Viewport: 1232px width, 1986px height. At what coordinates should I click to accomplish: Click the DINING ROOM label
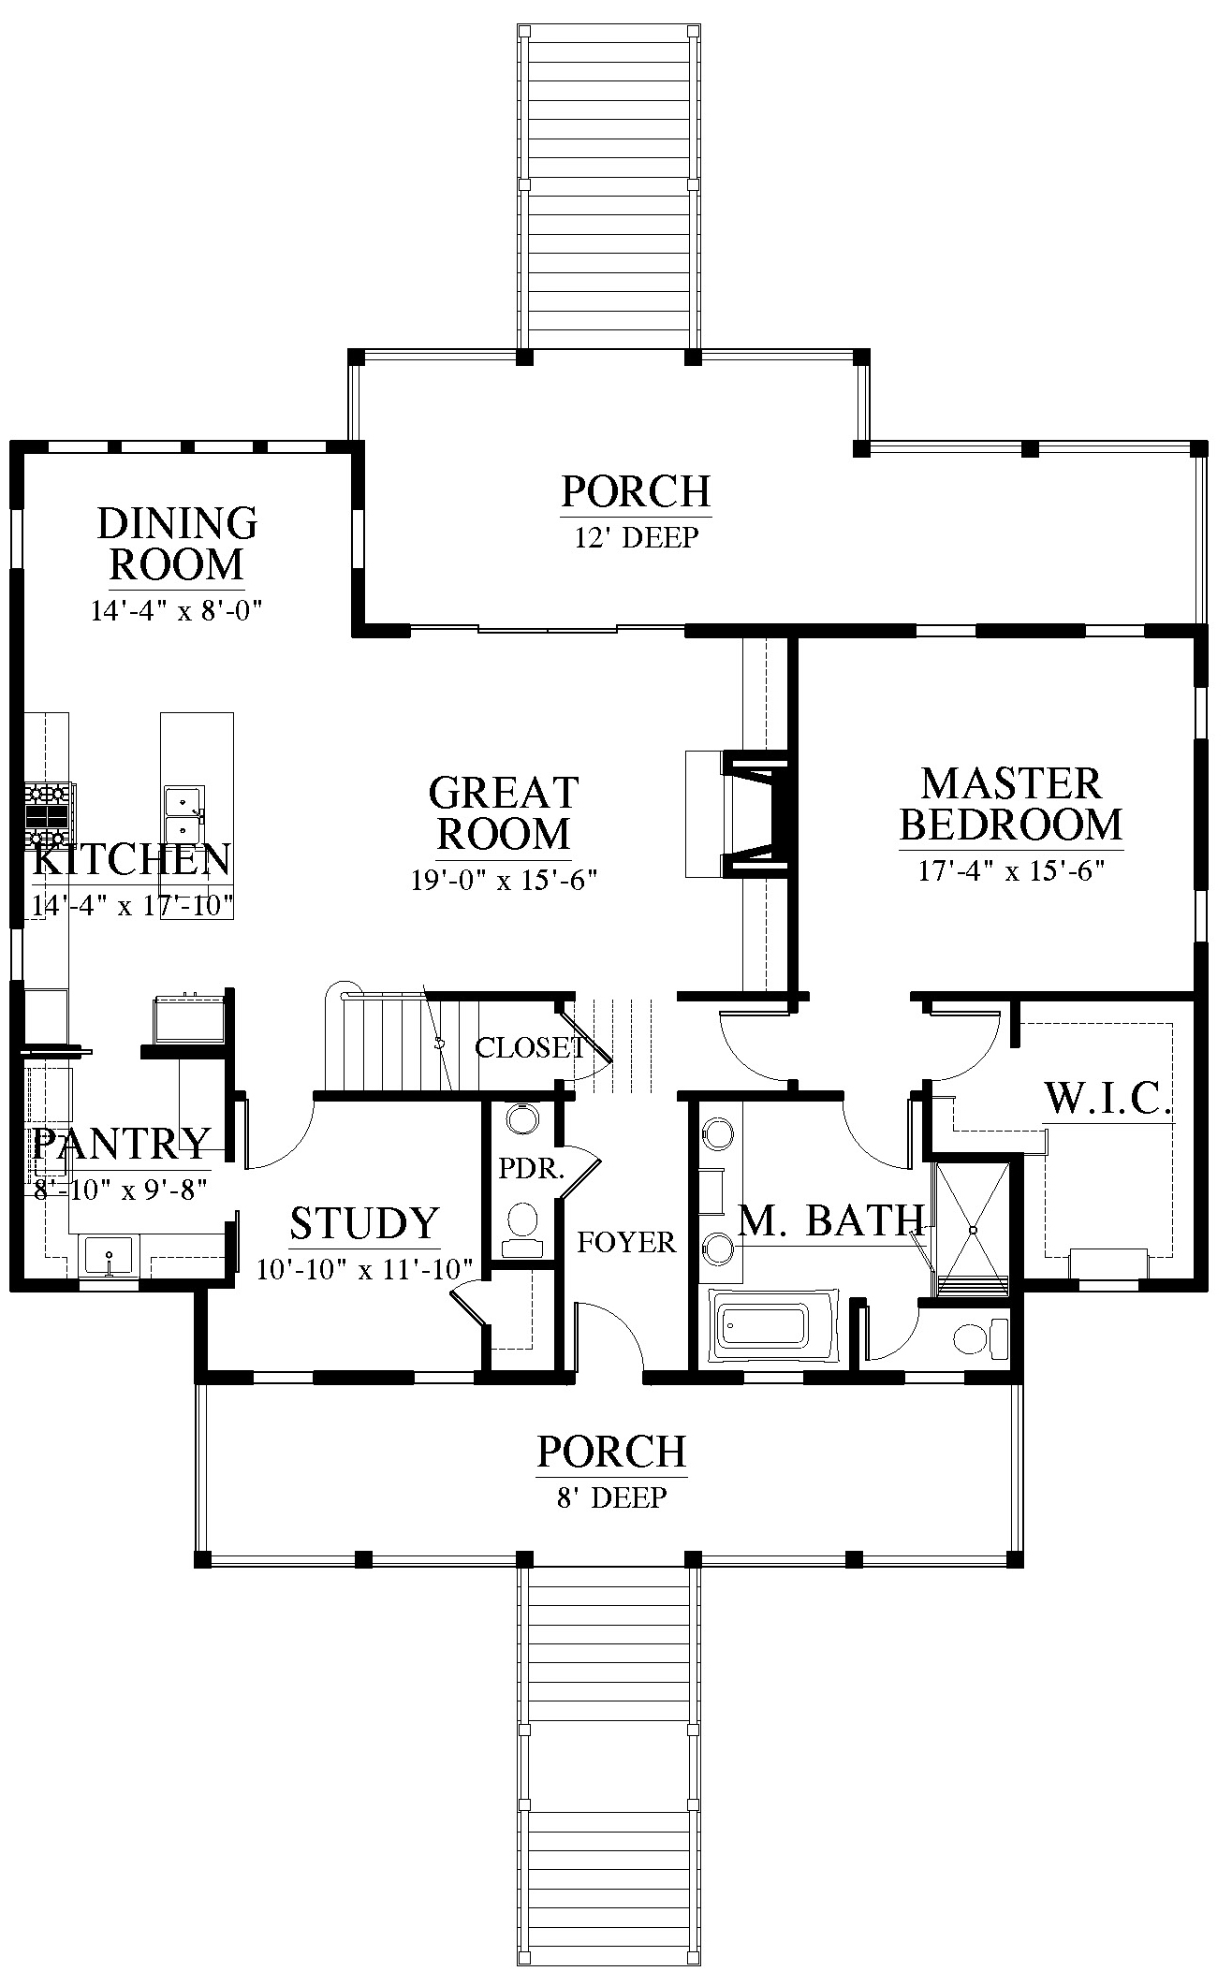177,543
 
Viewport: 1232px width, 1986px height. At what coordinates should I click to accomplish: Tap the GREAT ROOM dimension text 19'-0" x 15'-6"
504,880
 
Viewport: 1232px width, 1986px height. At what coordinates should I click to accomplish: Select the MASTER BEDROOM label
1011,804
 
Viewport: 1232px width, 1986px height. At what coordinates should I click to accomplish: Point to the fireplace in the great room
740,812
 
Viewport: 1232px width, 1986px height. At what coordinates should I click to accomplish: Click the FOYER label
626,1242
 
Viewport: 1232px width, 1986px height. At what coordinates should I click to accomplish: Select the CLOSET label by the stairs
530,1047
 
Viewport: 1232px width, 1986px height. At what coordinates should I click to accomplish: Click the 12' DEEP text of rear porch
637,537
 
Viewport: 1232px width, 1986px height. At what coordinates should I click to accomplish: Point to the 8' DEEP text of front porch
612,1497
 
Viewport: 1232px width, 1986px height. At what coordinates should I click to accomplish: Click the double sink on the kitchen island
183,814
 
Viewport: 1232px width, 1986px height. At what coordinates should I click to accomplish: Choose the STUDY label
364,1223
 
